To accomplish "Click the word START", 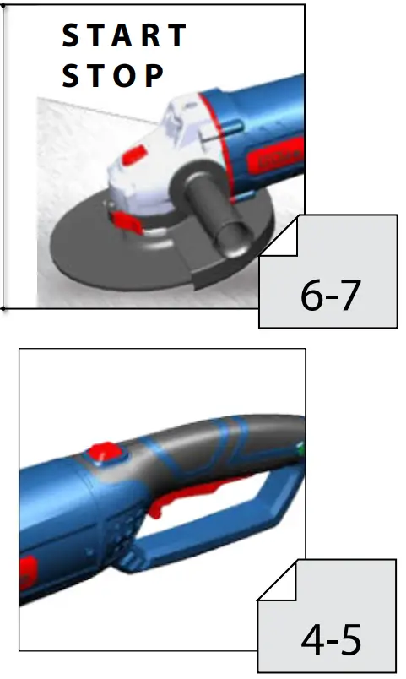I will point(124,36).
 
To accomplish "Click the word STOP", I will point(112,76).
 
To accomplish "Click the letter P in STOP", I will point(153,76).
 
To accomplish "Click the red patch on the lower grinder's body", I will point(26,574).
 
